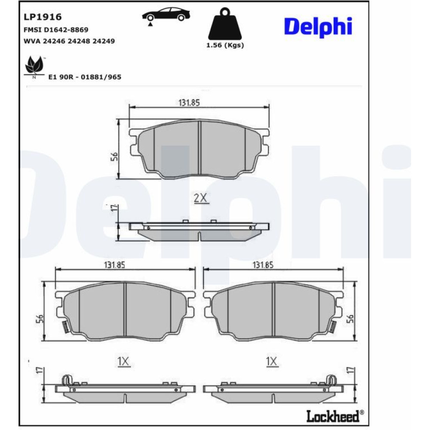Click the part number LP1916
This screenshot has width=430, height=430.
43,17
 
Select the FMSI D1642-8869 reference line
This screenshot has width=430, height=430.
56,30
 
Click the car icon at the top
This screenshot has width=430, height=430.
166,15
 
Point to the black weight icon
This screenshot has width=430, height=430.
225,24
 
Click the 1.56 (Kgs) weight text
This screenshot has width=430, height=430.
225,45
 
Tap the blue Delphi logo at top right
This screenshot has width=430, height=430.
318,27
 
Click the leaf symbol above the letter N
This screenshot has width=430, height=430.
34,65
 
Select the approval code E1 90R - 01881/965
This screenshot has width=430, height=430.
85,77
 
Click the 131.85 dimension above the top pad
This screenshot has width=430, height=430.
189,103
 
